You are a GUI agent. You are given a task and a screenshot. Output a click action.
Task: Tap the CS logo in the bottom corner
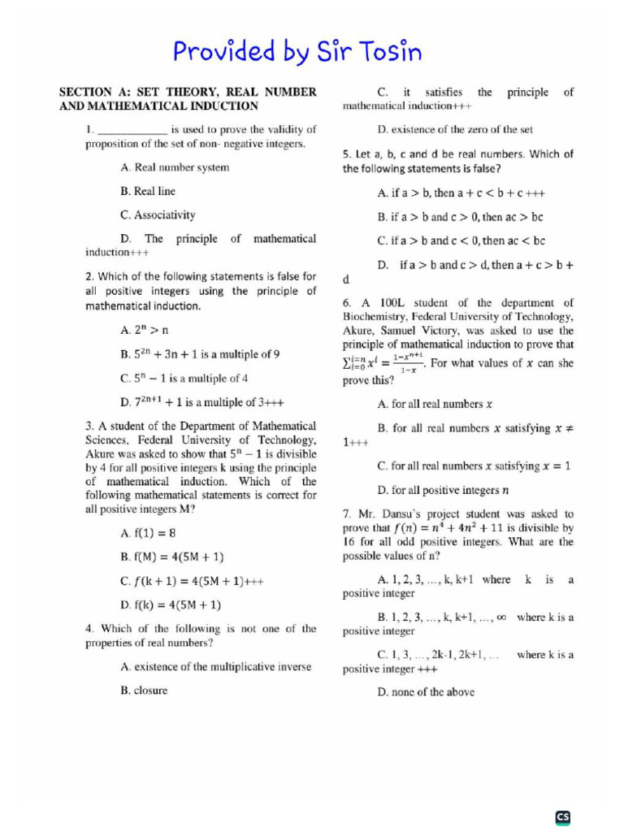(563, 817)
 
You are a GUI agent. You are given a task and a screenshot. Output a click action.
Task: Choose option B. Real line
(147, 192)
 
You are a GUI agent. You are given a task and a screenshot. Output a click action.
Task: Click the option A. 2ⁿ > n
(138, 331)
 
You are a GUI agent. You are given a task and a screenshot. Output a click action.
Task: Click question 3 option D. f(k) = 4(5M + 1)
(171, 605)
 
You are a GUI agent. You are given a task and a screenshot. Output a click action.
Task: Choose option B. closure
(144, 691)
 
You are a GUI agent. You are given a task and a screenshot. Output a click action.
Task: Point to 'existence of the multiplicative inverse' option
(215, 667)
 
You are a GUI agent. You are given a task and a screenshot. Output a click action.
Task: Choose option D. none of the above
(426, 692)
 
